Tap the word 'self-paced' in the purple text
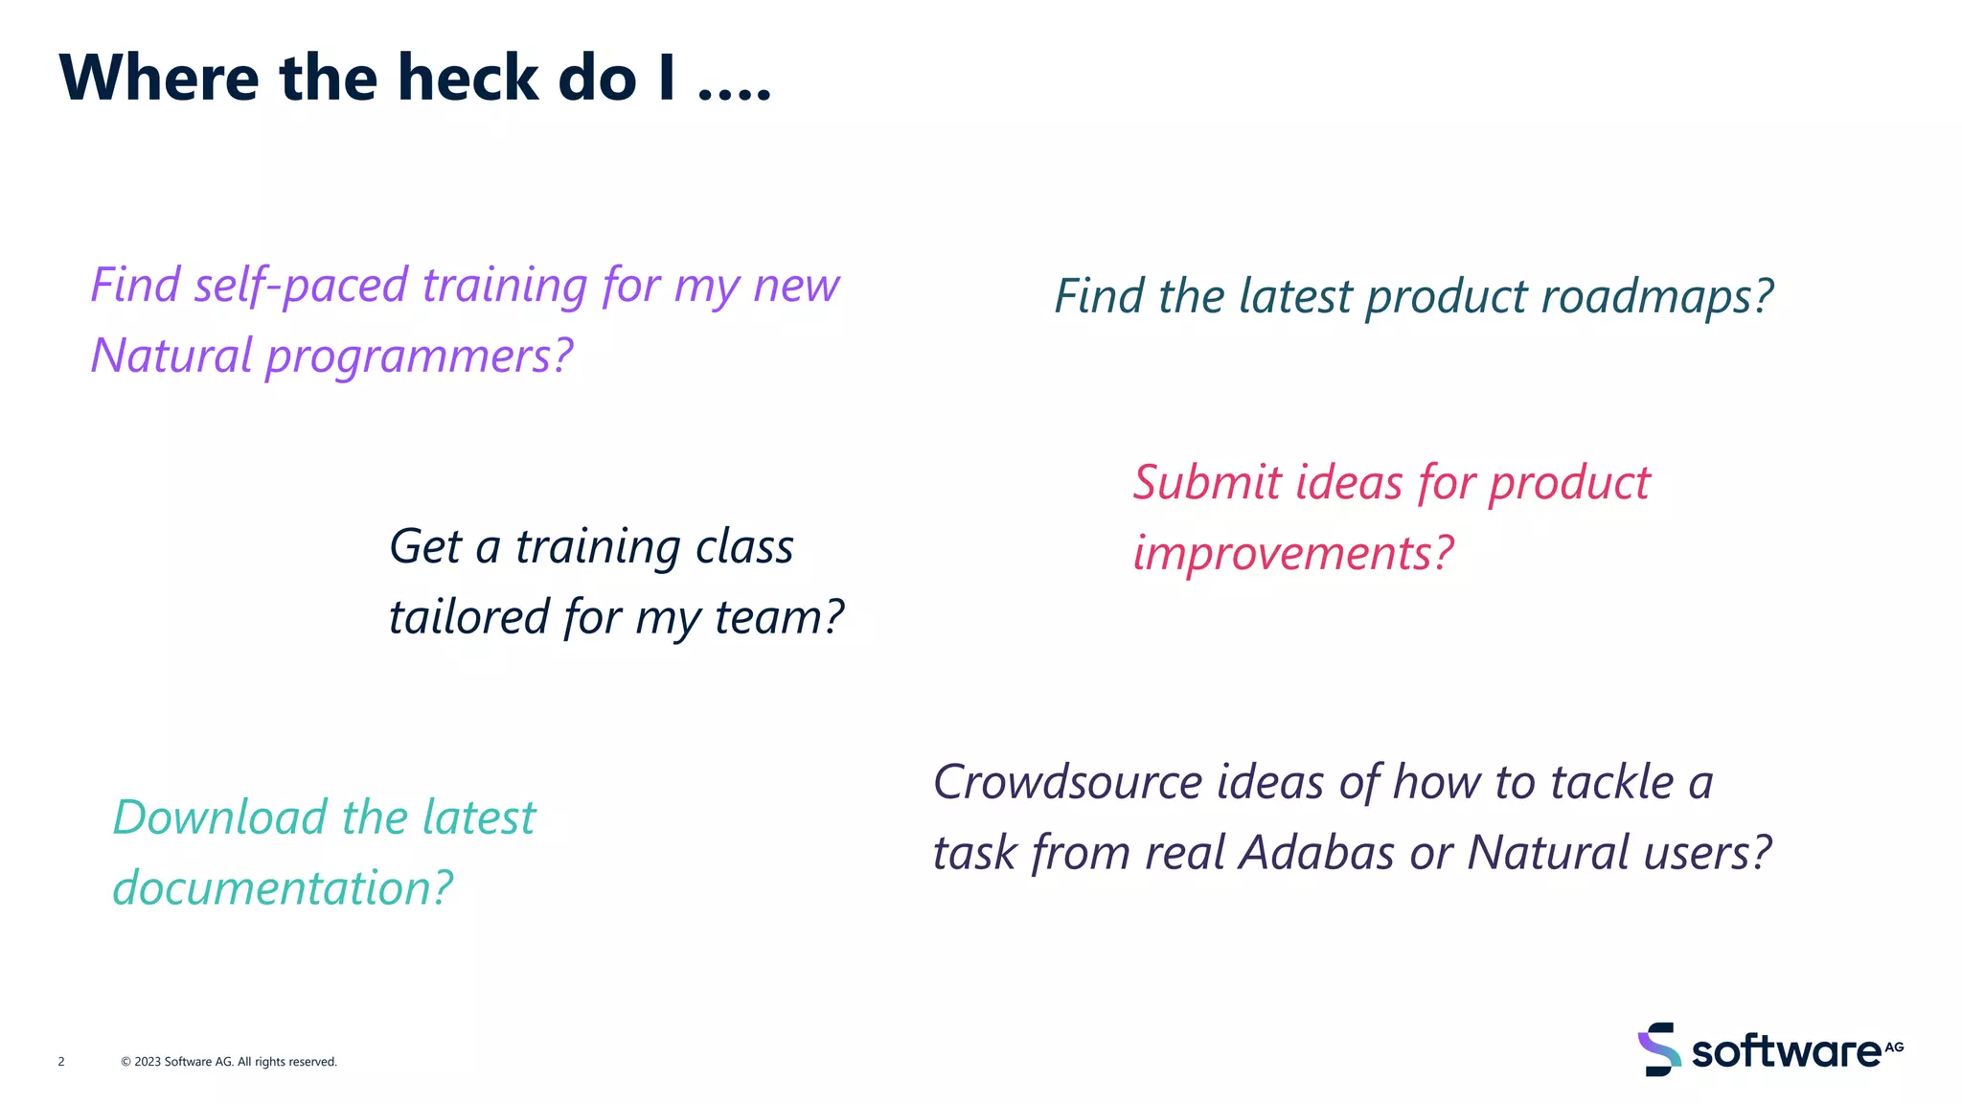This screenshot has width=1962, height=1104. [302, 286]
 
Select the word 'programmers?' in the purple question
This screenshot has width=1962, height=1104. [419, 356]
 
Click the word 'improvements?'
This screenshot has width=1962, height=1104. [1293, 553]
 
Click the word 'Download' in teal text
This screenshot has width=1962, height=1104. [220, 817]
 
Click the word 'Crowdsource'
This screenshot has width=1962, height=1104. [1067, 782]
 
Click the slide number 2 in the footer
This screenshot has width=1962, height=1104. [61, 1061]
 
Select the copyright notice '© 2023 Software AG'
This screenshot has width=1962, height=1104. [177, 1061]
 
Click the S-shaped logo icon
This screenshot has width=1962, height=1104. [1658, 1049]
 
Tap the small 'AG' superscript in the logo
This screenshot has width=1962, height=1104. [1894, 1046]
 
